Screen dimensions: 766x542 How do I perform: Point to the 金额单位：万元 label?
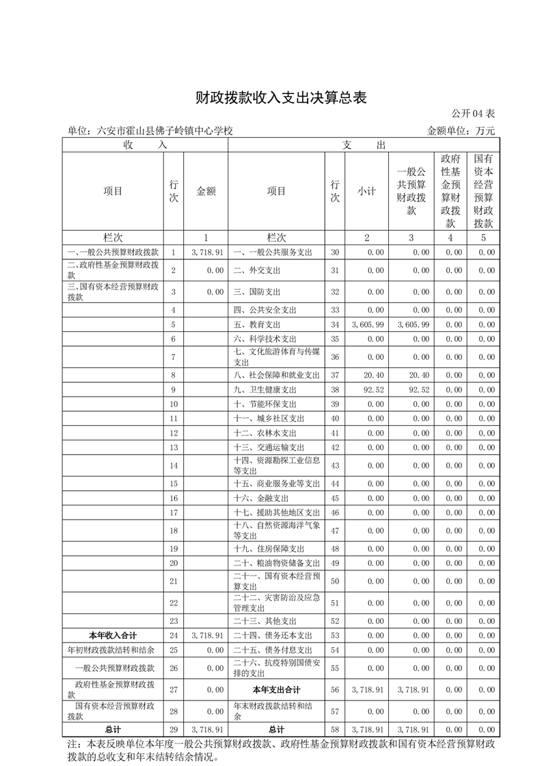pos(461,130)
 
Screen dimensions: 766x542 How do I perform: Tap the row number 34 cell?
pos(335,324)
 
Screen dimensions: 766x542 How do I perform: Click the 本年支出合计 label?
pos(276,690)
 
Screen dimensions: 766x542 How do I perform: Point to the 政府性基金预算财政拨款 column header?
pos(450,191)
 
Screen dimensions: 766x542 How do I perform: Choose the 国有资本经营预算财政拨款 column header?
pos(483,191)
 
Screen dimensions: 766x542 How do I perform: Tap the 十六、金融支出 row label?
pos(261,498)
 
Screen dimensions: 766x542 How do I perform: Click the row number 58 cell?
pos(335,729)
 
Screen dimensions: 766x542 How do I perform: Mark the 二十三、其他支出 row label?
pos(265,621)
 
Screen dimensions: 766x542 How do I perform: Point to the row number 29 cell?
pos(174,729)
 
